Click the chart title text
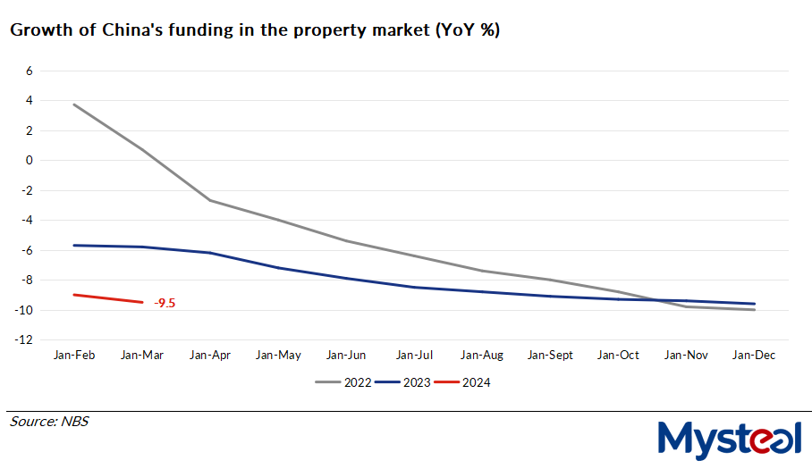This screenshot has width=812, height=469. [255, 30]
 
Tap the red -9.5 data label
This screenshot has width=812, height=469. [164, 304]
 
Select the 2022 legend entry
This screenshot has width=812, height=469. [344, 382]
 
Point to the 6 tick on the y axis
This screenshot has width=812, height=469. [29, 71]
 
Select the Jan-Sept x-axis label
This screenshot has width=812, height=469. [550, 356]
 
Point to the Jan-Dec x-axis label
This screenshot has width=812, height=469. [754, 356]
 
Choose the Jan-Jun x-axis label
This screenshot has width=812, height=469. [345, 356]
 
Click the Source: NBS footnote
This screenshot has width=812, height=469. [49, 421]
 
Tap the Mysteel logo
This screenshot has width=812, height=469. [729, 440]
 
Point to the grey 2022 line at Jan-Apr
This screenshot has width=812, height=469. [209, 200]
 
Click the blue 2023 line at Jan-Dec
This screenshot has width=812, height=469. [754, 304]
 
